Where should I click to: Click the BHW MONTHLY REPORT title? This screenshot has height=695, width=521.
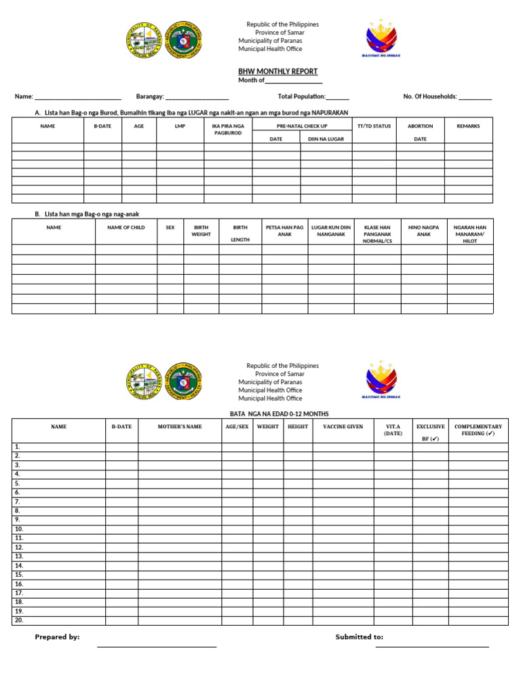coord(277,71)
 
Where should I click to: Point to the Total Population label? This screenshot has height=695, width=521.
coord(302,96)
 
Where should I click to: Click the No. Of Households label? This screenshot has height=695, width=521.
coord(430,96)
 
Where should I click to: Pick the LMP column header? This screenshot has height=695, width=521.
coord(180,126)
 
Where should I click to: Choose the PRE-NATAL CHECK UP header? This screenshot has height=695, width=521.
coord(302,126)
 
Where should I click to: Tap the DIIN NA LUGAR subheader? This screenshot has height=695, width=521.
coord(326,138)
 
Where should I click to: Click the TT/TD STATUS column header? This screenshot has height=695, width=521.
coord(374,126)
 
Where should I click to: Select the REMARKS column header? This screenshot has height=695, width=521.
coord(468,126)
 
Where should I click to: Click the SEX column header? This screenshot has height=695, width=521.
coord(170,227)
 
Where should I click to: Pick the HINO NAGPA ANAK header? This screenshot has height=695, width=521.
coord(424,231)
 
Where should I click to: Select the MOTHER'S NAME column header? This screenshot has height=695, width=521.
coord(180,427)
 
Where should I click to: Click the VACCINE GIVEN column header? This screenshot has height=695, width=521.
coord(343,427)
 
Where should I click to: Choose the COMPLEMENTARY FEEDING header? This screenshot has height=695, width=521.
coord(478,430)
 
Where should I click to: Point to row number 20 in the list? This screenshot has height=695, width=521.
coord(19,620)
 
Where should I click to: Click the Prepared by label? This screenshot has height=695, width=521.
coord(57,637)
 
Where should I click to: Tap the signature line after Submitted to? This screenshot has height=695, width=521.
coord(432,645)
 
